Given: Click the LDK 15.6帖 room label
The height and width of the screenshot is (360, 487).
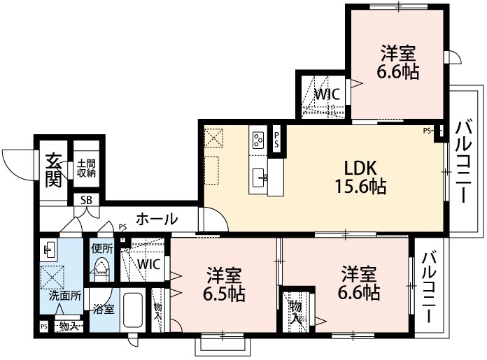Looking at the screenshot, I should pos(360,177).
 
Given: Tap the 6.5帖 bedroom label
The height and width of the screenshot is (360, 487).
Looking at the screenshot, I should pos(225,284).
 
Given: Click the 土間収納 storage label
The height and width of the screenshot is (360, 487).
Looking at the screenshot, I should pos(86,168).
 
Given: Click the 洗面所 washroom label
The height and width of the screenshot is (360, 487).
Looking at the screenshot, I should pos(64,295).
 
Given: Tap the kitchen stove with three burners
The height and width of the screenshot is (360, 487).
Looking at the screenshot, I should pos(257,140).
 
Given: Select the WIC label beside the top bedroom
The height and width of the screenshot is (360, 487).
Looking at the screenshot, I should pos(326,94).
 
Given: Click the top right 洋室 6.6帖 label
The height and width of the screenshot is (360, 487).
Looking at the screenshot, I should pos(400,62).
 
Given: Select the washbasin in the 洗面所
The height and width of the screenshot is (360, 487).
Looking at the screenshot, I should pos(49,250).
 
